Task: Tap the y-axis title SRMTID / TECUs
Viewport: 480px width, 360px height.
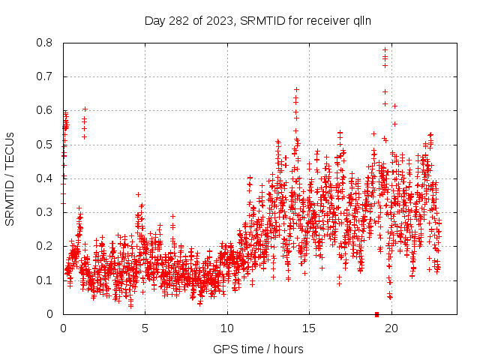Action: click(10, 179)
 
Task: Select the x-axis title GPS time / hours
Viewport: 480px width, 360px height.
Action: click(258, 349)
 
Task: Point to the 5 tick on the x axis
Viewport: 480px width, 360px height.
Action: click(145, 328)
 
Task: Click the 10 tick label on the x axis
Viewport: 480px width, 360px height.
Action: click(227, 328)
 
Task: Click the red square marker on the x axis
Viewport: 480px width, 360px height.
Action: click(376, 314)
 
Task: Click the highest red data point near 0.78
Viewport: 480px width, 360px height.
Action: click(385, 50)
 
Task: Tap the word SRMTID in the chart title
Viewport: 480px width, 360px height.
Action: click(262, 20)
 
